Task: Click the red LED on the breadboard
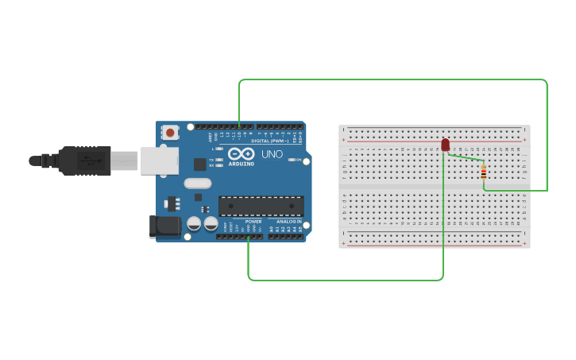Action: (445, 144)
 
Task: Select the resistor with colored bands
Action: (483, 172)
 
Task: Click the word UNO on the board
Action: (272, 154)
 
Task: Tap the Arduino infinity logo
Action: (241, 153)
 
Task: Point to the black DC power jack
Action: (164, 226)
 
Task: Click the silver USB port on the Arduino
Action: (159, 160)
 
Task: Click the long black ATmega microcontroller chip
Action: (261, 206)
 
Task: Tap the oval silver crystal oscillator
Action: (198, 184)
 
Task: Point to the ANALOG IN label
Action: (288, 221)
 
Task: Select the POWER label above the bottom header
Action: (253, 221)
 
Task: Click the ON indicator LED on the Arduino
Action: (291, 160)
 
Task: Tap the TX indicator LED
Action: (220, 160)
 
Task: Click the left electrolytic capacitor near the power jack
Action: (194, 223)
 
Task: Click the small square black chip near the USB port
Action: (199, 165)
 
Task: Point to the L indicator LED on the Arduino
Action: (220, 149)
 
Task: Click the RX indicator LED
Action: (220, 165)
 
